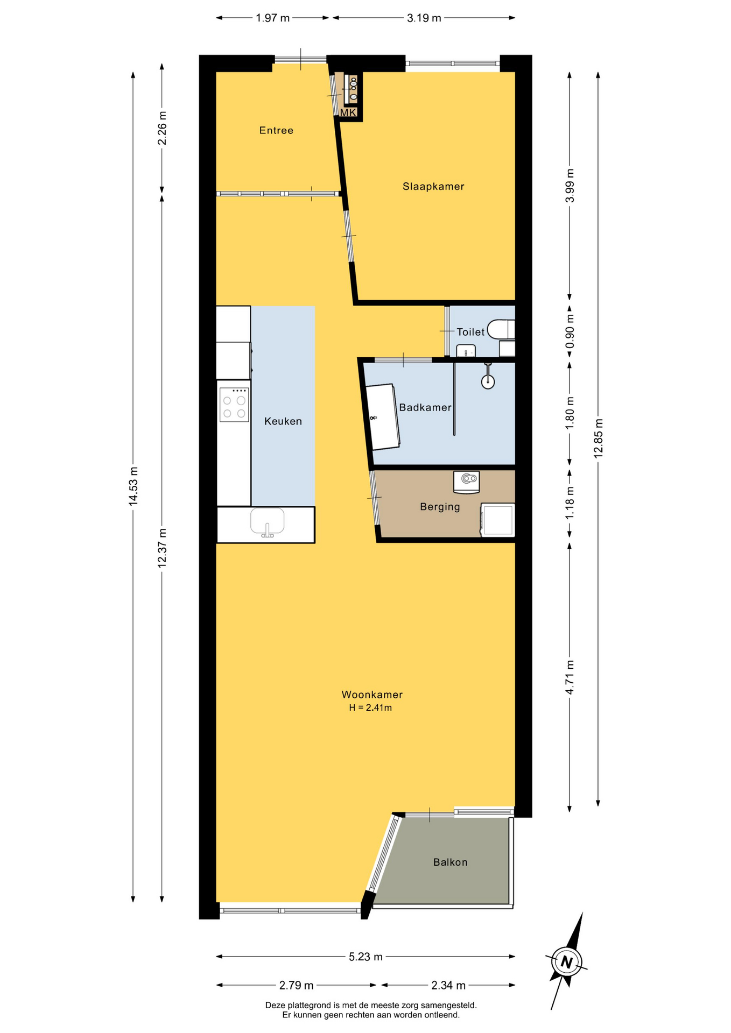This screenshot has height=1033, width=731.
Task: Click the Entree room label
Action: pos(276,130)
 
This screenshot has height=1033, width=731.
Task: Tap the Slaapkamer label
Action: pos(433,187)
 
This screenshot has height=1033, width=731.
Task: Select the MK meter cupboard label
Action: pos(348,112)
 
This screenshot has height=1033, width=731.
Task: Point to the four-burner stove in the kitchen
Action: pos(234,405)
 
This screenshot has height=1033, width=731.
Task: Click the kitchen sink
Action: pos(268,522)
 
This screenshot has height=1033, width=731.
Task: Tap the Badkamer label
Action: pos(425,408)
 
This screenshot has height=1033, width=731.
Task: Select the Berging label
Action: pos(440,507)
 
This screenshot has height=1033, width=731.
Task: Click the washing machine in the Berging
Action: pos(497,520)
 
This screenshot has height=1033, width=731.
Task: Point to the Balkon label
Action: pos(450,862)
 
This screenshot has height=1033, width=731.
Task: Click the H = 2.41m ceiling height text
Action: pos(370,708)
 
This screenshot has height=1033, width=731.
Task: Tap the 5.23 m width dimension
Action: pos(365,957)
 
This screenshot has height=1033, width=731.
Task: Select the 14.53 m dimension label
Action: pos(133,486)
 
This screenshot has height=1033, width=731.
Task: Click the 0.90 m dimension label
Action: pos(570,331)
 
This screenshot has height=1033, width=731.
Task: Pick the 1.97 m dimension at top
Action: pos(272,18)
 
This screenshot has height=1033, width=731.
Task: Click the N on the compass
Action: pos(566,962)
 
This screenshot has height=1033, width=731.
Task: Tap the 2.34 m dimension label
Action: pos(448,985)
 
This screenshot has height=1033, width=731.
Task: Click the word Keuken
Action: pos(283,421)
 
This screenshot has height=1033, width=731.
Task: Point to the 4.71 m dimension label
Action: pos(570,677)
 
